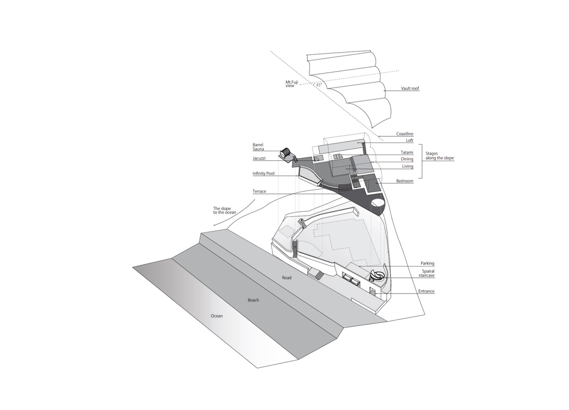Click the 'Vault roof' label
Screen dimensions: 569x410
410,88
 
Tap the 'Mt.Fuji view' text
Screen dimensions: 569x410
292,84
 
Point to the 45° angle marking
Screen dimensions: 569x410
318,85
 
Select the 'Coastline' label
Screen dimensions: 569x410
405,134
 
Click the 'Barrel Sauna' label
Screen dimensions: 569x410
258,147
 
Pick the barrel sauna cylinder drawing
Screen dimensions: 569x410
286,153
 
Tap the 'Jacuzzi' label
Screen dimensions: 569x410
259,158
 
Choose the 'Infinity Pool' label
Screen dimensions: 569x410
264,174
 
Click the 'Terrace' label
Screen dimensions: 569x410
259,191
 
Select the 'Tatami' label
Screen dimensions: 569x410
407,152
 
